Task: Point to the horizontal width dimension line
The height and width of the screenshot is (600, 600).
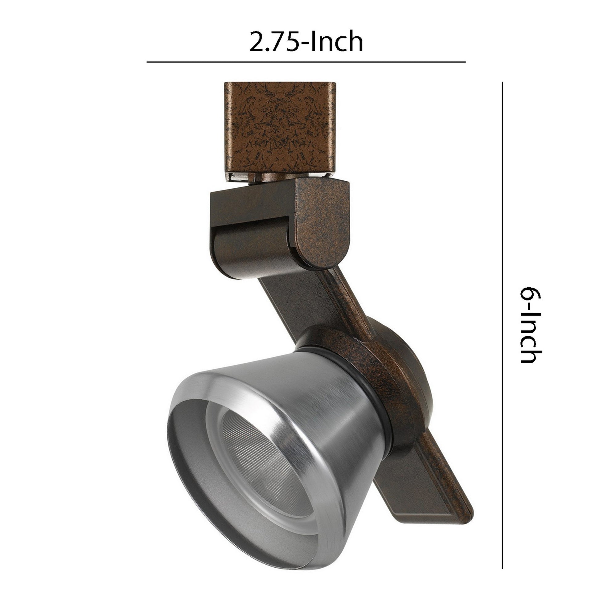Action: pyautogui.click(x=306, y=62)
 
